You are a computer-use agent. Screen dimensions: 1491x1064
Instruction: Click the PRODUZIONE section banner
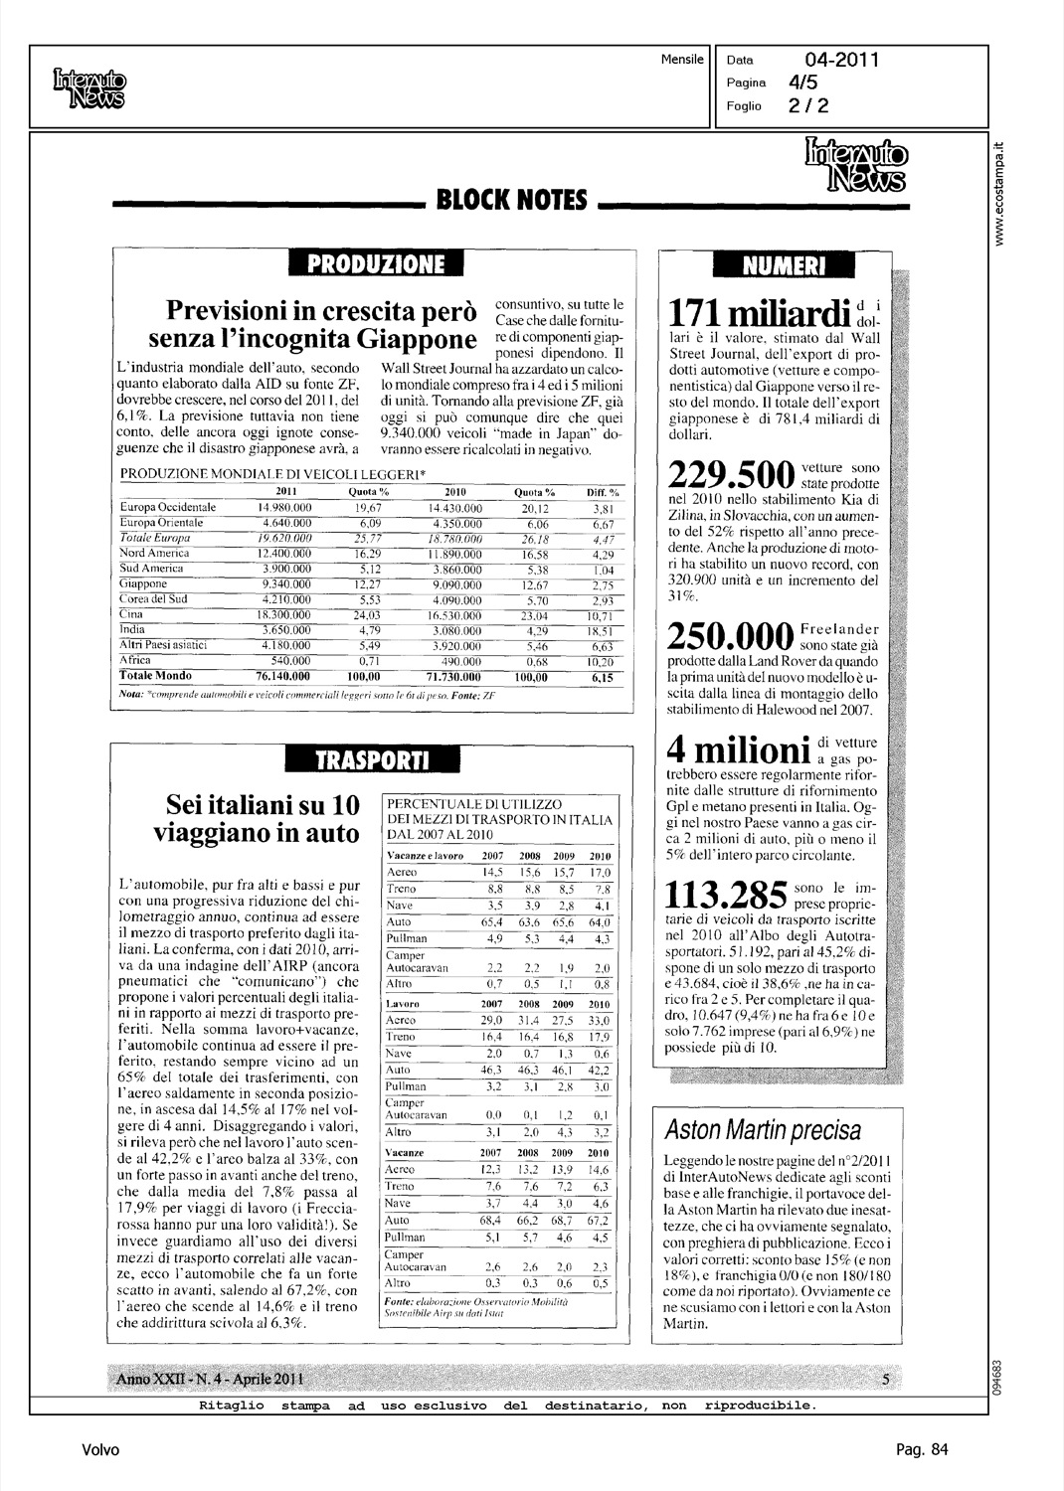(375, 263)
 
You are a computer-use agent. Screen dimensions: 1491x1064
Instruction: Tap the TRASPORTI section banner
(371, 760)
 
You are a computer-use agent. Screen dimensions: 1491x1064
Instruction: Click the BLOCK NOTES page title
(511, 200)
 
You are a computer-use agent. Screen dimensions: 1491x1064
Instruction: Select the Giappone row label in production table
(143, 584)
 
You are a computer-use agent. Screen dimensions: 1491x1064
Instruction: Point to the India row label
(132, 630)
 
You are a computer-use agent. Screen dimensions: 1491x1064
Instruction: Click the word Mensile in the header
(682, 60)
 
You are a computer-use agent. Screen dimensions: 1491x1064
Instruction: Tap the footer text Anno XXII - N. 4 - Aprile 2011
(210, 1379)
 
